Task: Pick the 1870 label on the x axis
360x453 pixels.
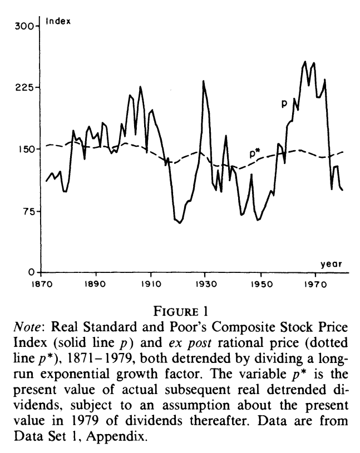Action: pos(41,282)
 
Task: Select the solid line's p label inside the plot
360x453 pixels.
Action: pos(284,103)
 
